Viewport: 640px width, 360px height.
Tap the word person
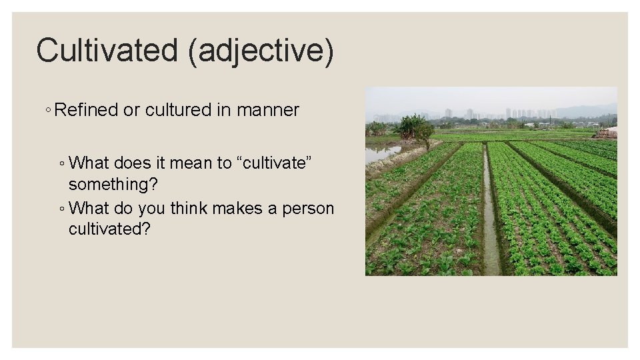308,209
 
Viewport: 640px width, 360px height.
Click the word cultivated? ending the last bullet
110,229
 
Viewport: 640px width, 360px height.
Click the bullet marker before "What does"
61,163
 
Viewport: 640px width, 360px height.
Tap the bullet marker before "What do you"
61,209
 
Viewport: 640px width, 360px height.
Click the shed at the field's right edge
608,133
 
